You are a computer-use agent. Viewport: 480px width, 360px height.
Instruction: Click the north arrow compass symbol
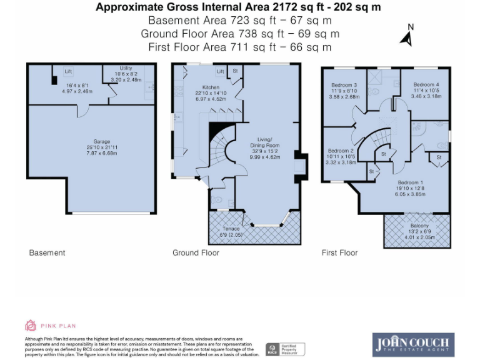tap(407, 37)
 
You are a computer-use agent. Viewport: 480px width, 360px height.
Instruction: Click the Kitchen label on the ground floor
tap(211, 87)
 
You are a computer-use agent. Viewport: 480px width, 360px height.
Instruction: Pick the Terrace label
tap(231, 229)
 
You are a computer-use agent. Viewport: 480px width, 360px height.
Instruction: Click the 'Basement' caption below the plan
tap(47, 252)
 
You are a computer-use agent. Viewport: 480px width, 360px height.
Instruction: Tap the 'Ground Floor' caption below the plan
tap(195, 252)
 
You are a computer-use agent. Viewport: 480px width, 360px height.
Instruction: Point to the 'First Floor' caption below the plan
tap(339, 252)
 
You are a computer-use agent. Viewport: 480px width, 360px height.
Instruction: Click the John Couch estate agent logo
tap(413, 344)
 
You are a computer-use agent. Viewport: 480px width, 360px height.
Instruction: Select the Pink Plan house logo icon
tap(30, 325)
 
